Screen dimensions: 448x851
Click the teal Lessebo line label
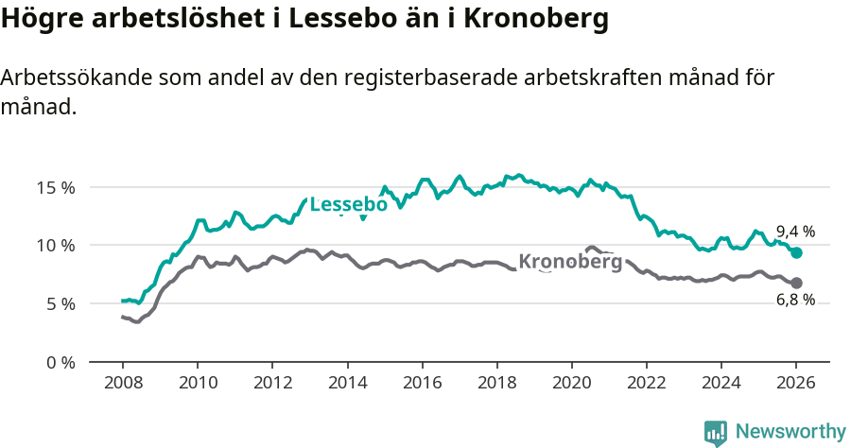coord(348,205)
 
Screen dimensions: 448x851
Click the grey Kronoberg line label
coord(570,262)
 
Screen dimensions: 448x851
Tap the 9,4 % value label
coord(795,232)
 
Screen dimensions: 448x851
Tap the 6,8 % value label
coord(795,300)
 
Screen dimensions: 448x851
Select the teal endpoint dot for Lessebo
coord(796,252)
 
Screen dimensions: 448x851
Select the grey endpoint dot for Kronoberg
coord(796,283)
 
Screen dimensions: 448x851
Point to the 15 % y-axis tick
coord(57,187)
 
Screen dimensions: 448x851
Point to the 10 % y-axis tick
coord(57,246)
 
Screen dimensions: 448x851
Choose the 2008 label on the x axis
coord(122,384)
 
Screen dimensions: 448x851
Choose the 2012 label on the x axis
coord(271,384)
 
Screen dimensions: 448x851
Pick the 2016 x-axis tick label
coord(422,384)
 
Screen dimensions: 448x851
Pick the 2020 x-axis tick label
coord(571,384)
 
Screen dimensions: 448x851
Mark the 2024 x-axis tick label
coord(721,384)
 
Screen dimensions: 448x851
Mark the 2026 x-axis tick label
coord(796,384)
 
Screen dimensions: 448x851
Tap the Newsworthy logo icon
coord(716,433)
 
